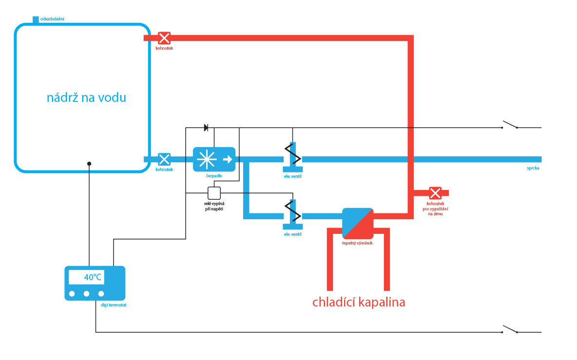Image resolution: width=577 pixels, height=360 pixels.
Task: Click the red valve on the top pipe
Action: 164,38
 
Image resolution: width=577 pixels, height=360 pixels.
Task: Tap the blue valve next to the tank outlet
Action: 164,159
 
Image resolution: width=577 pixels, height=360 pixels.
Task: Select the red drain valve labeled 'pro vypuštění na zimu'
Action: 435,193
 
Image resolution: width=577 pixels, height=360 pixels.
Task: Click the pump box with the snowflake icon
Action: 214,159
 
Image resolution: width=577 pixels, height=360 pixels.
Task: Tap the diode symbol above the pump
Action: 206,128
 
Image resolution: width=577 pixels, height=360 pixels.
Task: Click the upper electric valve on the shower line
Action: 293,157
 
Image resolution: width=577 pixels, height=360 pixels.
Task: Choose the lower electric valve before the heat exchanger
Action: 293,214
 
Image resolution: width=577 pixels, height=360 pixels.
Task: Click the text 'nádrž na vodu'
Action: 86,97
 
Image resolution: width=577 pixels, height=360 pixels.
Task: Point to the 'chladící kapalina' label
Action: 359,302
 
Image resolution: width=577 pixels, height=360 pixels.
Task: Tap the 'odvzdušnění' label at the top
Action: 53,19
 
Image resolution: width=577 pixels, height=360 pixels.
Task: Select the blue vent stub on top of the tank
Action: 36,19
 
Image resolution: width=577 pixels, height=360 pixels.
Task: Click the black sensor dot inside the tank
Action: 89,164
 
